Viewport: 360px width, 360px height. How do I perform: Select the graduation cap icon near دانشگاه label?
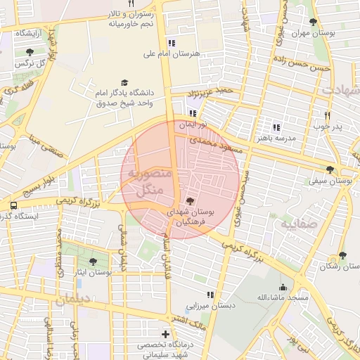125,82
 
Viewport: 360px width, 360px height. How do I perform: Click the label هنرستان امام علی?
172,53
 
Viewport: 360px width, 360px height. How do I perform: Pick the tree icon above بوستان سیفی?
330,169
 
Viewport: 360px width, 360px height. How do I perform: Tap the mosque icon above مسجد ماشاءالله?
283,287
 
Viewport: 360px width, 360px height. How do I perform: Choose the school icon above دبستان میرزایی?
209,295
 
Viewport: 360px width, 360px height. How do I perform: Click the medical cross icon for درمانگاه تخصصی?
165,334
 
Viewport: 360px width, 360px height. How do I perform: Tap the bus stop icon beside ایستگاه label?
13,205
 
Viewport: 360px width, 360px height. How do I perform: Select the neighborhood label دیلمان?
72,299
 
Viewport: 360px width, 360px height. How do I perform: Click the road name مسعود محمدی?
221,143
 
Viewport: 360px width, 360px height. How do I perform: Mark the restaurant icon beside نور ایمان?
193,112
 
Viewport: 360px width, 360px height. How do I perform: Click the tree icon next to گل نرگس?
29,52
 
